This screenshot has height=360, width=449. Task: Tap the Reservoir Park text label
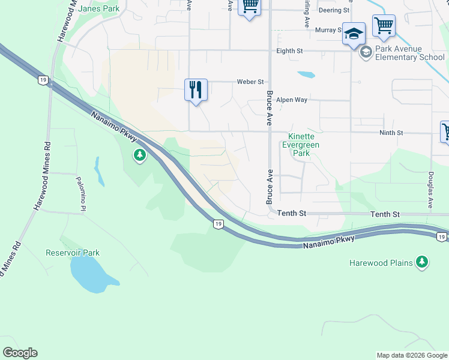click(73, 253)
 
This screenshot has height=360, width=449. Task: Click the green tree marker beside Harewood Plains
click(423, 262)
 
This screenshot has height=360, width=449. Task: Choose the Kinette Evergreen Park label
click(301, 145)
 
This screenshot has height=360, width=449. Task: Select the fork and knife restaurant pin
click(196, 90)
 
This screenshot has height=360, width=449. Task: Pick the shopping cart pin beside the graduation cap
click(384, 26)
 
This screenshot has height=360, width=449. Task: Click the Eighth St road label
click(289, 52)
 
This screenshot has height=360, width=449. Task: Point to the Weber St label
click(250, 82)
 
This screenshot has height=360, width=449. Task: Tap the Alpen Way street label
click(292, 100)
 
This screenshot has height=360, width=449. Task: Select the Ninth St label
click(391, 132)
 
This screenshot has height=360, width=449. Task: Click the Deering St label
click(334, 10)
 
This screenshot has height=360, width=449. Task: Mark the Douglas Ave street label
click(430, 190)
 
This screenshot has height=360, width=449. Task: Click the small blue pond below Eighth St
click(306, 75)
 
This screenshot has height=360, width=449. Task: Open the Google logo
click(20, 353)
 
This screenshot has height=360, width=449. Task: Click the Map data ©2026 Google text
click(411, 355)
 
